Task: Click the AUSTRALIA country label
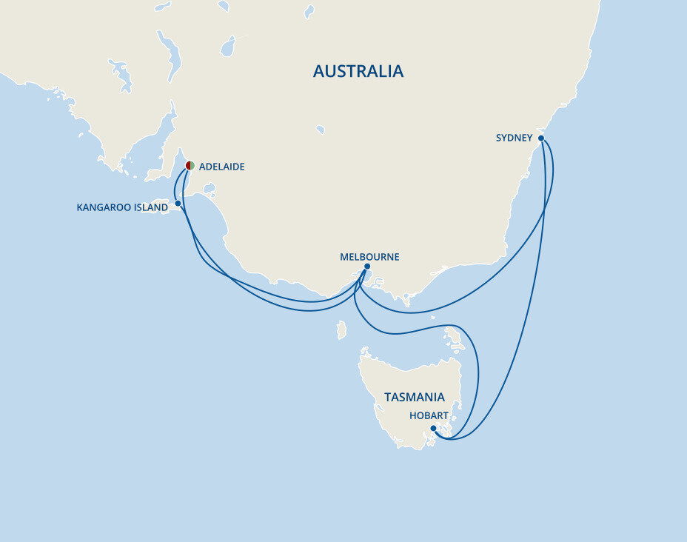(x=358, y=71)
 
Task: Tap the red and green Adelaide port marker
(x=190, y=166)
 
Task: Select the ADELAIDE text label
(x=221, y=167)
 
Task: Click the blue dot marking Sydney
(x=541, y=138)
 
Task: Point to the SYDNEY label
(x=515, y=138)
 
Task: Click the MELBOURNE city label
(x=369, y=257)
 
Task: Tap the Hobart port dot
(x=434, y=428)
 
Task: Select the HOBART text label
(x=429, y=416)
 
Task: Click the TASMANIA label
(x=414, y=397)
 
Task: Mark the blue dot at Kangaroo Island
(x=178, y=203)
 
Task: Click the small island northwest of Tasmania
(x=341, y=329)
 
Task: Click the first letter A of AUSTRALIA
(x=318, y=71)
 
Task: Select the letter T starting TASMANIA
(x=387, y=397)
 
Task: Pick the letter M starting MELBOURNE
(x=343, y=257)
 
